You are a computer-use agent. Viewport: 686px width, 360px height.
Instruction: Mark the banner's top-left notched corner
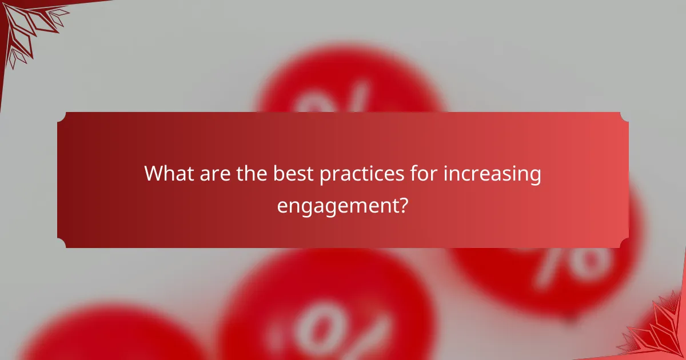[x=62, y=117]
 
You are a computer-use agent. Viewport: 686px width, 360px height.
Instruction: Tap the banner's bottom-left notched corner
[x=62, y=243]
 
